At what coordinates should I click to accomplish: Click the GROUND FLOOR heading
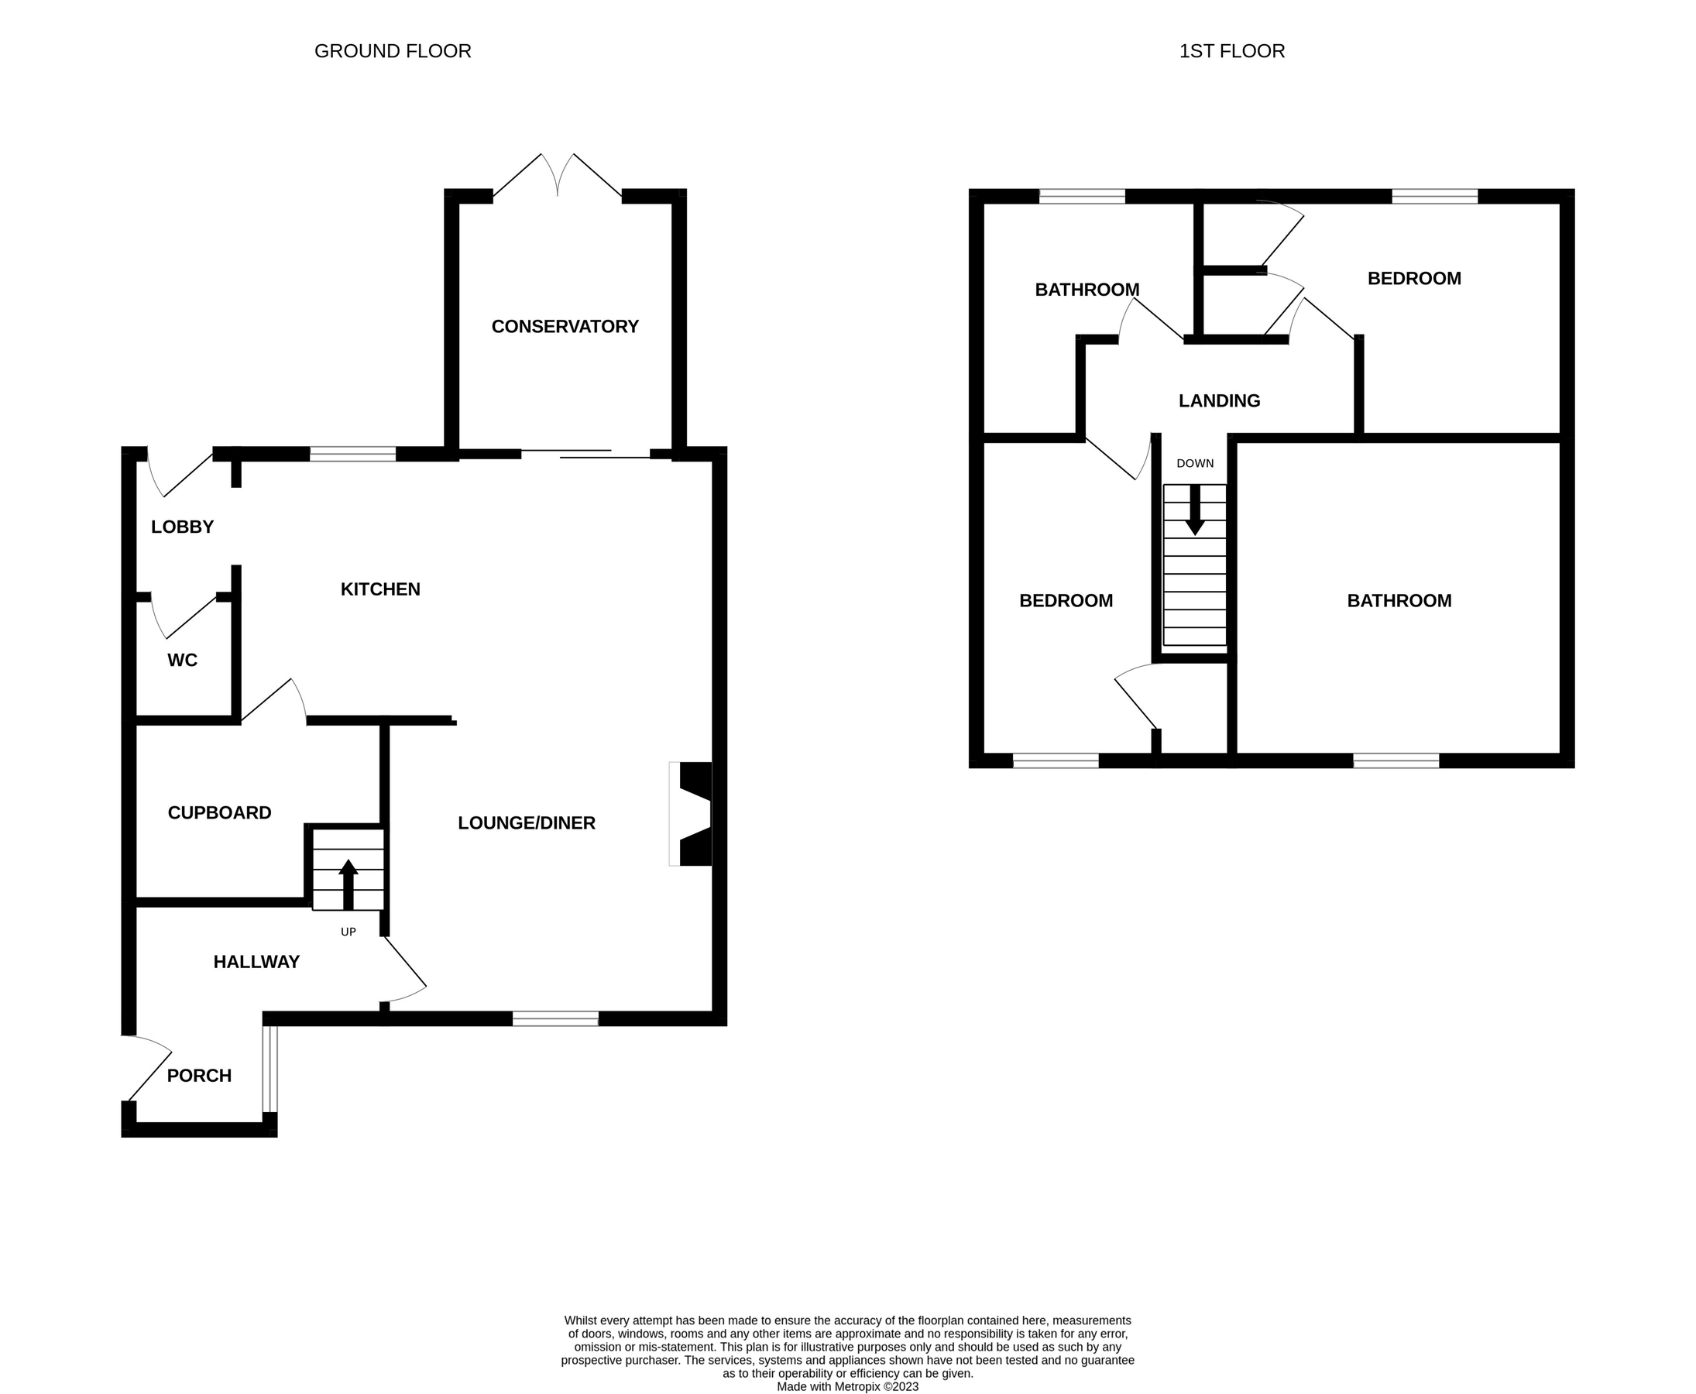click(x=392, y=51)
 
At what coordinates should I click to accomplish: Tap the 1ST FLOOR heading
click(x=1231, y=51)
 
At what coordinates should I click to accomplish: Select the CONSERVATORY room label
click(x=565, y=327)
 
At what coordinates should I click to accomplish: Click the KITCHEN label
click(x=379, y=589)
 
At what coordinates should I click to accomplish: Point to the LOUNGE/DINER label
click(x=526, y=823)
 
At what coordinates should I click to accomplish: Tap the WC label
click(x=182, y=660)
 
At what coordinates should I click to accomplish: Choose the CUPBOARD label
click(x=219, y=812)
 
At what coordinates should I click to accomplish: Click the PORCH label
click(x=198, y=1075)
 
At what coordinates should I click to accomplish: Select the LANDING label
click(x=1219, y=400)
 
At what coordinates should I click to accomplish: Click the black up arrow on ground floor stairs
click(x=348, y=884)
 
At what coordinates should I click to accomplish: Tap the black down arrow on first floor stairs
click(x=1195, y=510)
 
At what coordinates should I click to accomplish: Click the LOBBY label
click(x=182, y=527)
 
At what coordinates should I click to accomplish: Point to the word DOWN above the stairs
click(x=1195, y=463)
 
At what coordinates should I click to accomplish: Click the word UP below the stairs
click(x=348, y=932)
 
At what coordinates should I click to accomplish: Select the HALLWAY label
click(x=256, y=962)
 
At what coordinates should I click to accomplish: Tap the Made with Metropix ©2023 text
click(x=847, y=1386)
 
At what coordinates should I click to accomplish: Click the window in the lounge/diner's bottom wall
click(x=555, y=1019)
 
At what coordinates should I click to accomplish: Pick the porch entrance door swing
click(x=149, y=1068)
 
